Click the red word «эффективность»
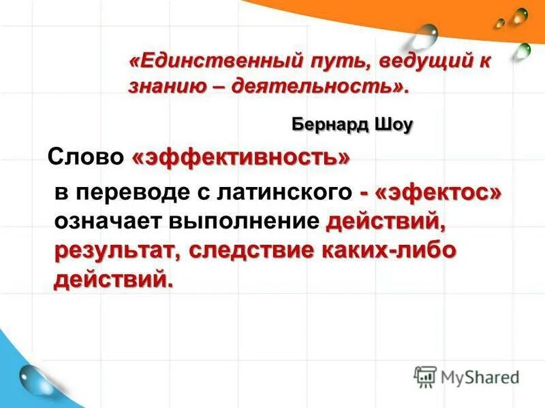[241, 158]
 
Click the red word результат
[117, 250]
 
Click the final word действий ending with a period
[113, 278]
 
